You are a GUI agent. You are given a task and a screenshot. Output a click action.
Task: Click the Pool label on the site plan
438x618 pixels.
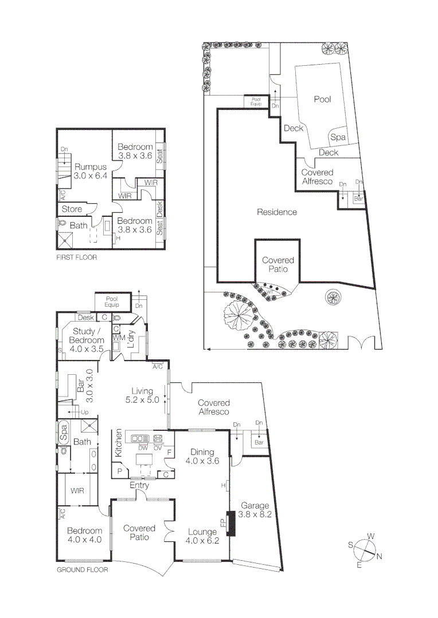click(322, 99)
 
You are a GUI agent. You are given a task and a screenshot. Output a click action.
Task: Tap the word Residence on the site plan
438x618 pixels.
click(277, 212)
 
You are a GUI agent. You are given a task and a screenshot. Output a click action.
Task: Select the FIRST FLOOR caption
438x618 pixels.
click(76, 257)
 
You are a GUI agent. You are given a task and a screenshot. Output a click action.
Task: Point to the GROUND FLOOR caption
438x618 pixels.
click(81, 570)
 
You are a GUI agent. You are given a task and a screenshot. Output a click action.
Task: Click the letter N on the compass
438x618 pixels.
click(379, 556)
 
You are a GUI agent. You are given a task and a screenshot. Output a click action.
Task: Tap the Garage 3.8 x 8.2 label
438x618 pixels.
click(255, 510)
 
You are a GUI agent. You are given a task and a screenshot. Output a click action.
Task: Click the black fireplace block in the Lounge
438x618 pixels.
click(231, 523)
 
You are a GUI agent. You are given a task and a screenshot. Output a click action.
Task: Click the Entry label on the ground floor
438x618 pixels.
click(139, 485)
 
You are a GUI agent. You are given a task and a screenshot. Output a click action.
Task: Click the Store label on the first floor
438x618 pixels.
click(72, 209)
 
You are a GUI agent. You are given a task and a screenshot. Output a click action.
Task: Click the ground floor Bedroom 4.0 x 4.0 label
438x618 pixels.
click(84, 535)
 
